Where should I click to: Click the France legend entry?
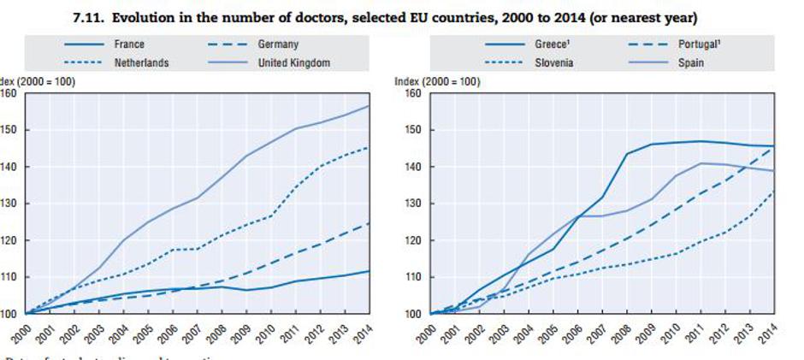click(127, 43)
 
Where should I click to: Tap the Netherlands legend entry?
click(141, 62)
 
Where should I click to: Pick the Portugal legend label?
click(697, 43)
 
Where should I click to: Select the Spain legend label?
click(690, 62)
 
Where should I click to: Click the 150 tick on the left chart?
click(11, 130)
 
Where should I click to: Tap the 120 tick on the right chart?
click(414, 240)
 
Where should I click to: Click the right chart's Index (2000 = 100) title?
click(436, 81)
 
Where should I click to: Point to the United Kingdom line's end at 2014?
click(369, 106)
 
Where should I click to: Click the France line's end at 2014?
click(369, 271)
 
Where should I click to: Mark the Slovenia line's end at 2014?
click(775, 192)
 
